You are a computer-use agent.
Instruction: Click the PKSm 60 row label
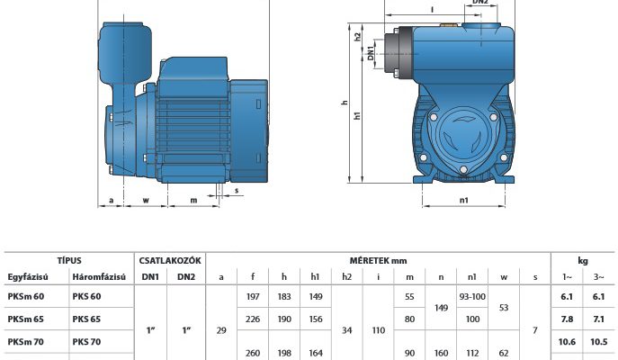25,296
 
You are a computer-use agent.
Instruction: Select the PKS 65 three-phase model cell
86,319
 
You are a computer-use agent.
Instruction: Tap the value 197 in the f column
253,296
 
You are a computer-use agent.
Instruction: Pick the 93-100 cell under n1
472,296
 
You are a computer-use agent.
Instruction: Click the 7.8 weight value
567,319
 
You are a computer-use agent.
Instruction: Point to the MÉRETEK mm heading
378,261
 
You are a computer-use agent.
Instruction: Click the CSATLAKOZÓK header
170,261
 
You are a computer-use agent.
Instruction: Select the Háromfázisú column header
99,277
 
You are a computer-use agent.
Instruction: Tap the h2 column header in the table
347,277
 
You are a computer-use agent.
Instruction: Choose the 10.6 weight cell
567,342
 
